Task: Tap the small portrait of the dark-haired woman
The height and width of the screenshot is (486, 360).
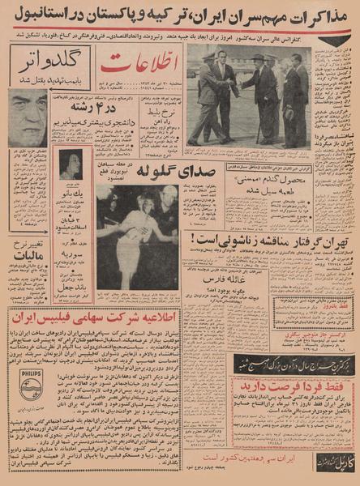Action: coord(69,164)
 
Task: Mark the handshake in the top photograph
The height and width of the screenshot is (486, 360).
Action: coord(236,84)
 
